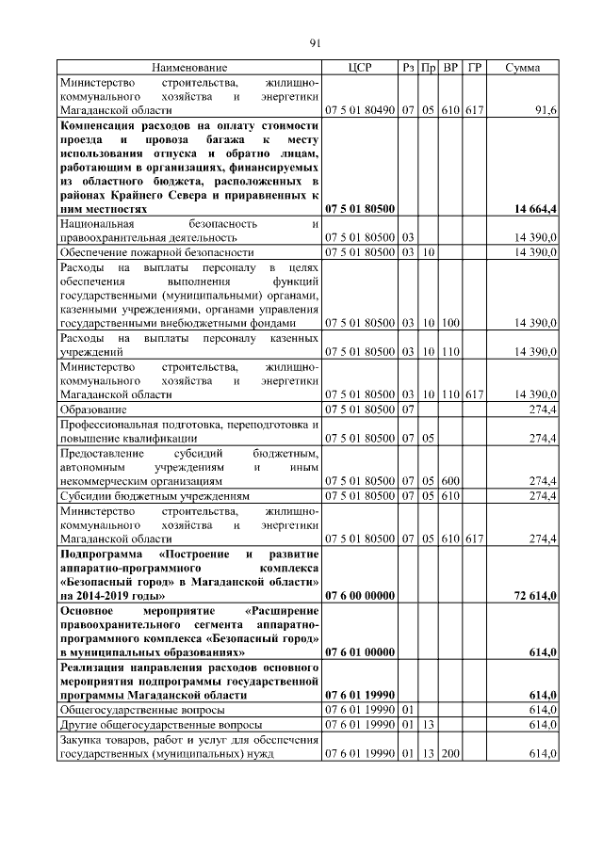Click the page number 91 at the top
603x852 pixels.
pyautogui.click(x=316, y=41)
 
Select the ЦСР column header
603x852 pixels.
pyautogui.click(x=360, y=68)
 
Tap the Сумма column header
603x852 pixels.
pyautogui.click(x=522, y=68)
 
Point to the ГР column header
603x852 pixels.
pyautogui.click(x=475, y=68)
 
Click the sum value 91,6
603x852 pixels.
pyautogui.click(x=546, y=111)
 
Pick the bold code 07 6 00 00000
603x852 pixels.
pyautogui.click(x=360, y=596)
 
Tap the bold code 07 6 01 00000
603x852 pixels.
pyautogui.click(x=360, y=651)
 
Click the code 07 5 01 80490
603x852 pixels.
pyautogui.click(x=360, y=111)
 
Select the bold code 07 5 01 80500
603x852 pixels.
pyautogui.click(x=360, y=208)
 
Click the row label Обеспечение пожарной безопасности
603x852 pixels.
pyautogui.click(x=157, y=253)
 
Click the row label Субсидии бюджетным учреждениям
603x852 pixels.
pyautogui.click(x=155, y=494)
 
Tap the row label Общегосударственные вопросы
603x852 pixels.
pyautogui.click(x=142, y=708)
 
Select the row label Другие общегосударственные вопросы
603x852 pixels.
pyautogui.click(x=156, y=723)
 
